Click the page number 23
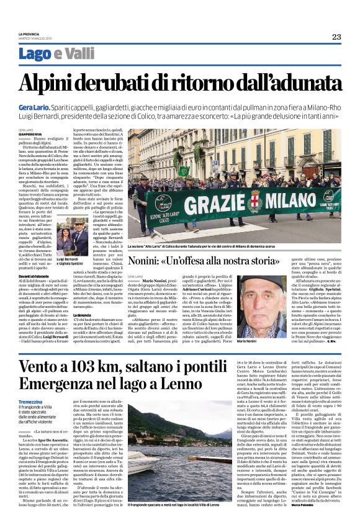tap(336, 37)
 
